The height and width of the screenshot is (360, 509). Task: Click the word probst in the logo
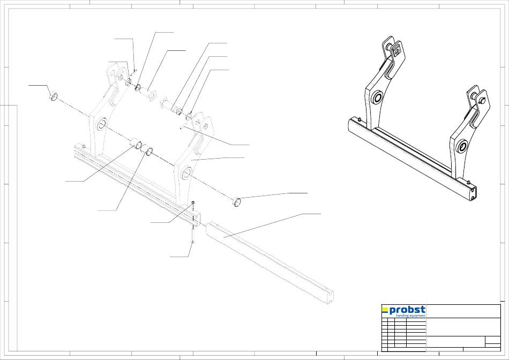pos(407,310)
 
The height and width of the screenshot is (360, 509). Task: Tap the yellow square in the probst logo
pos(385,309)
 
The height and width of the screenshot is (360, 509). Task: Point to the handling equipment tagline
pos(410,316)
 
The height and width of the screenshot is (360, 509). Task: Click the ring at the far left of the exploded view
pos(54,97)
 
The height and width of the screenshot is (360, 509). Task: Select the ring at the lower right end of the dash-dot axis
pos(236,202)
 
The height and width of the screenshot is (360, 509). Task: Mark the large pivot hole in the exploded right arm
pos(187,173)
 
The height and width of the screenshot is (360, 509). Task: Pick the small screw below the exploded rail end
pos(192,243)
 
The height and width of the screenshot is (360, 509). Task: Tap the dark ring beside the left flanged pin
pos(138,87)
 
